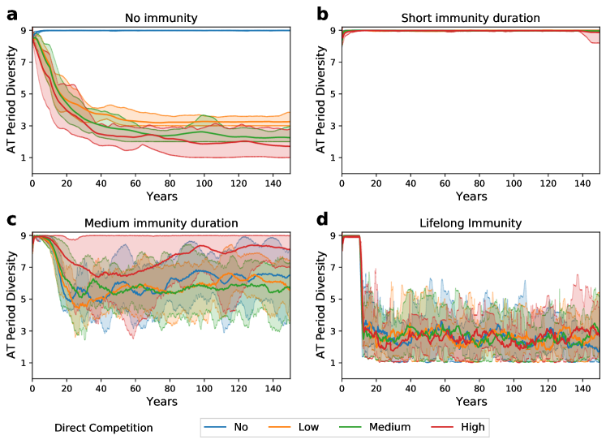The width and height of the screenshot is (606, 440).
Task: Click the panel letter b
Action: pyautogui.click(x=323, y=13)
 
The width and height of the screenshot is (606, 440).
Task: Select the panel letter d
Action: pyautogui.click(x=323, y=219)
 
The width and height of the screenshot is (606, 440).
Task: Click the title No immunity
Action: pyautogui.click(x=160, y=18)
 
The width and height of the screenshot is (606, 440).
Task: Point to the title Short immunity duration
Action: pyautogui.click(x=470, y=18)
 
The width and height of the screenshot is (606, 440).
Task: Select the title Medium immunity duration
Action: pyautogui.click(x=160, y=223)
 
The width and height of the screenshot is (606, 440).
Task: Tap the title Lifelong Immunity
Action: pyautogui.click(x=470, y=223)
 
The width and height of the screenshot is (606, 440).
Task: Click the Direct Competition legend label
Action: pyautogui.click(x=103, y=426)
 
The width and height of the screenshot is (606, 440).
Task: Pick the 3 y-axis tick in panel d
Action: pyautogui.click(x=333, y=331)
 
